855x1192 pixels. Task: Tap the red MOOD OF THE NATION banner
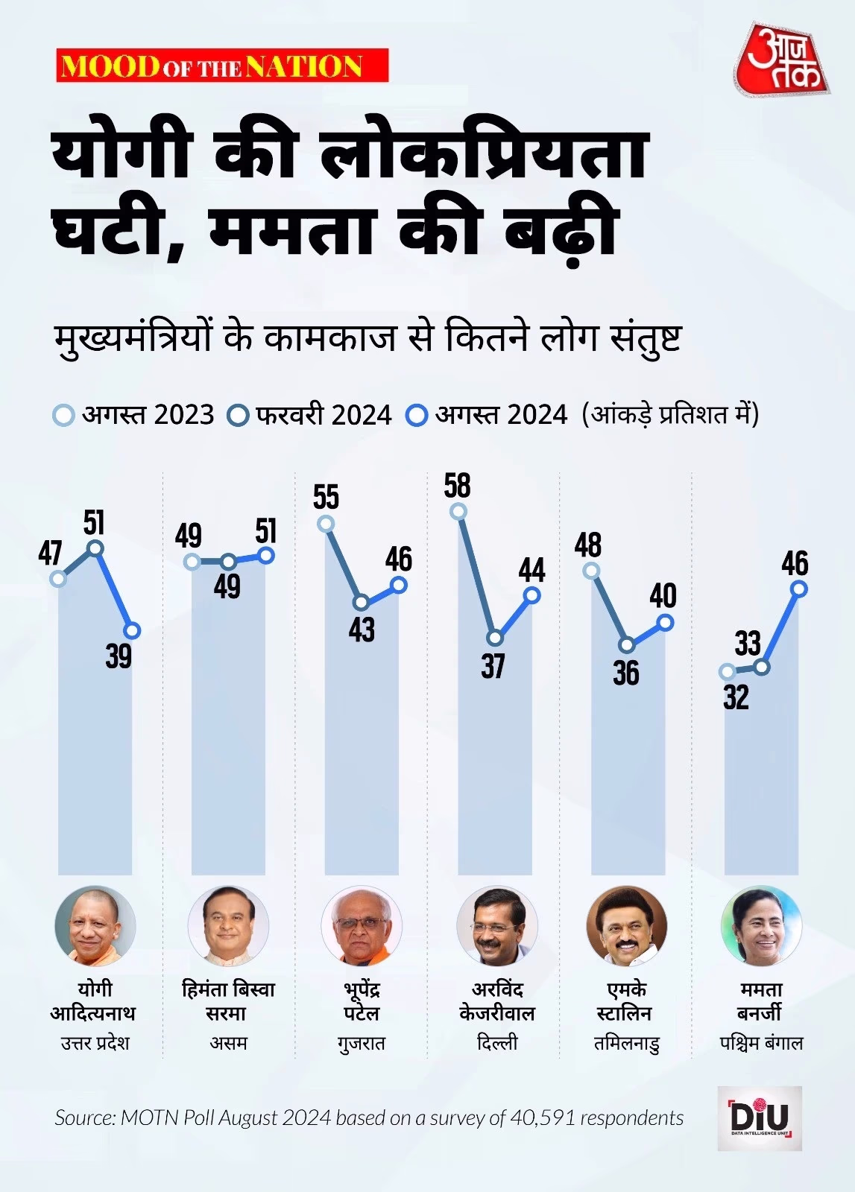pos(222,66)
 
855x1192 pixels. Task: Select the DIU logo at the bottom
pos(760,1117)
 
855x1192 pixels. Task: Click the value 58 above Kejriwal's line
pos(457,486)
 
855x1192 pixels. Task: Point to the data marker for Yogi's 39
pos(132,630)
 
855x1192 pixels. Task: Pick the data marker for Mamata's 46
pos(799,589)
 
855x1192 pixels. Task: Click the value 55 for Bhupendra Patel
pos(326,497)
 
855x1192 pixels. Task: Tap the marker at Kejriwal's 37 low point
pos(495,638)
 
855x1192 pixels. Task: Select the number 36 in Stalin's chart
pos(626,673)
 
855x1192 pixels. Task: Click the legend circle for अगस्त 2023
pos(64,415)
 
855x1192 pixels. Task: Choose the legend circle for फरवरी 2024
pos(239,415)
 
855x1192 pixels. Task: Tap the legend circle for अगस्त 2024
pos(417,415)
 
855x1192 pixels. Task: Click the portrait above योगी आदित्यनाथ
pos(95,926)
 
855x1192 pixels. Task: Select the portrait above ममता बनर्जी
pos(761,926)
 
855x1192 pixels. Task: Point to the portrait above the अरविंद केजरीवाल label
pos(496,926)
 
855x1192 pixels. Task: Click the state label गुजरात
pos(362,1043)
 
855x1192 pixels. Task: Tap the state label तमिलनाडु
pos(627,1043)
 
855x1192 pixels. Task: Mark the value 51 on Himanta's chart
pos(266,531)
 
